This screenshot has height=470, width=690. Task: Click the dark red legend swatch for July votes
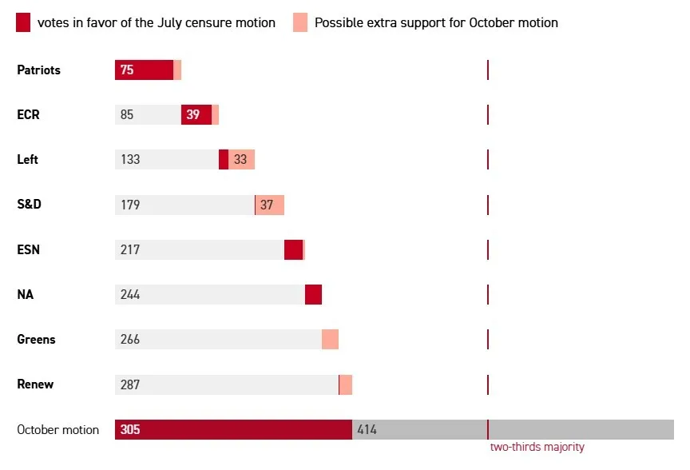click(x=23, y=22)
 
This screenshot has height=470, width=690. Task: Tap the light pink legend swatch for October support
click(x=299, y=22)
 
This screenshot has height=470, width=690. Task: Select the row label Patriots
click(x=38, y=70)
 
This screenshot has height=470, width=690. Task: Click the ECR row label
click(x=28, y=115)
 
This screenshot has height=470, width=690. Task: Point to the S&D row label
click(x=29, y=205)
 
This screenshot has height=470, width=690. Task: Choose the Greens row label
click(x=36, y=340)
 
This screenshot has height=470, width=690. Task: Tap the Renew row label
click(x=35, y=384)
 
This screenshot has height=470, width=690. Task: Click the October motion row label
click(x=58, y=430)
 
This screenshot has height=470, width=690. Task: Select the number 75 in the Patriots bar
click(x=127, y=70)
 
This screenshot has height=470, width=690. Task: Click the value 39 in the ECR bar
click(x=192, y=115)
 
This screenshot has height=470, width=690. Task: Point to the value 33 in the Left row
click(x=240, y=160)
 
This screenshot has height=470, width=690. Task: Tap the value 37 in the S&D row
click(x=267, y=205)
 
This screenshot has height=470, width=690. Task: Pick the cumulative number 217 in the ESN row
click(x=130, y=250)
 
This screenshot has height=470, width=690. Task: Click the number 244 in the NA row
click(x=130, y=295)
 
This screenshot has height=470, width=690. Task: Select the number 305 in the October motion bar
click(x=130, y=430)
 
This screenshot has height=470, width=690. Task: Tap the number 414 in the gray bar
click(x=367, y=430)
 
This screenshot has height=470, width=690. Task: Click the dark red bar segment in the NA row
click(x=313, y=295)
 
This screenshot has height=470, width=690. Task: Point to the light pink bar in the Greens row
click(x=330, y=340)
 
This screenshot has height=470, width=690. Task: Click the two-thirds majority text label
click(x=537, y=448)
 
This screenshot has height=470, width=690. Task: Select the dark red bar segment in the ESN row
click(x=293, y=250)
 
